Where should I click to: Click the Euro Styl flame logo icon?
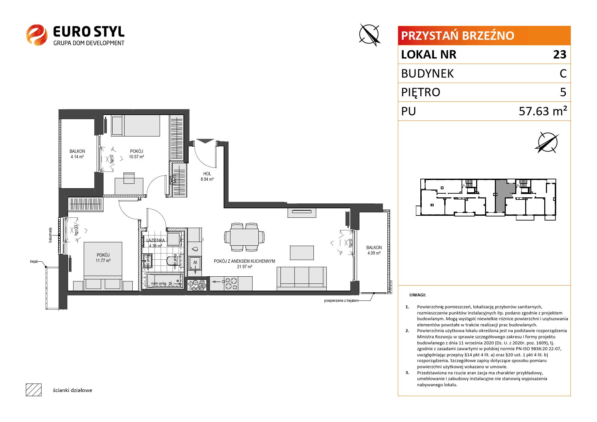37,35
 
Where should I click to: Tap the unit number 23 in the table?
560,54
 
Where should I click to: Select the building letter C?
563,74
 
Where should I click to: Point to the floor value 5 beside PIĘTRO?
563,92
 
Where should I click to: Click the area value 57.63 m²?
543,111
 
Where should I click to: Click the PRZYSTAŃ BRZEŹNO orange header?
484,36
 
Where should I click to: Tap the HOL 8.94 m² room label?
207,176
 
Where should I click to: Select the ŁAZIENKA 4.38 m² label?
155,243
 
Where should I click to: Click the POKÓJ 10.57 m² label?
136,154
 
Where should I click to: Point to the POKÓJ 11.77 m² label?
103,258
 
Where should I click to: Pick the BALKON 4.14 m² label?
77,154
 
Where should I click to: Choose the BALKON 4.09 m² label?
374,250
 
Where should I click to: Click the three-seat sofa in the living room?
301,278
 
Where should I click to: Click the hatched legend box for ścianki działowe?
34,390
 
